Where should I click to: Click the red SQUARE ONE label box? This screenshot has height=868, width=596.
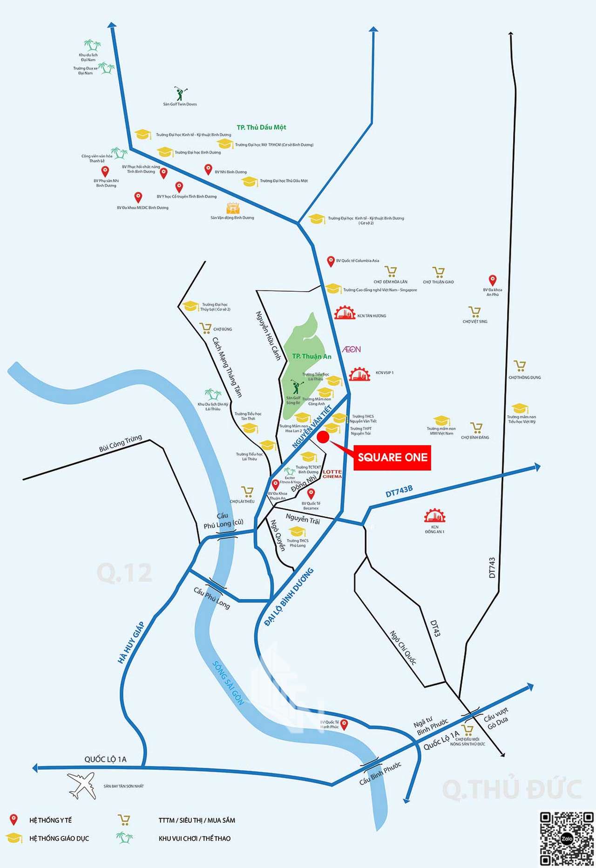392,458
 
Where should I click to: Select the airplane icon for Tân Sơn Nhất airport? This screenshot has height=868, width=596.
82,785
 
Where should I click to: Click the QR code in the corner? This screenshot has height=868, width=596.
567,839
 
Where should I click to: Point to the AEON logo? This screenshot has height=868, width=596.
352,349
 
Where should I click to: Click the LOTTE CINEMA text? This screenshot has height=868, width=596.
332,474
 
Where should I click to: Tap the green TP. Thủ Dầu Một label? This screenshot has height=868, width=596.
261,127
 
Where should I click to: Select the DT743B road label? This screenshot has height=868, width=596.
399,491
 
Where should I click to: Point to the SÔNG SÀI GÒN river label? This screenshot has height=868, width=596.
228,683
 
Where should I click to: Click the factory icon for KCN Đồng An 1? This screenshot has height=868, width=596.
434,516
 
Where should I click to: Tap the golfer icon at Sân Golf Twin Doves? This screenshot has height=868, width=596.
180,93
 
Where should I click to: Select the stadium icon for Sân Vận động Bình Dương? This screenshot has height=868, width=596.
233,208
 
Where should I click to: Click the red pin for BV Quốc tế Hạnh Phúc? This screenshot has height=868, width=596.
344,724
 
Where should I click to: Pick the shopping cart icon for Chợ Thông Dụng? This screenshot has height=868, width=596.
520,366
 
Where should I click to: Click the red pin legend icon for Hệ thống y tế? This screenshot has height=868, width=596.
14,820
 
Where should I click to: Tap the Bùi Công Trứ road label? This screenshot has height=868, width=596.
120,443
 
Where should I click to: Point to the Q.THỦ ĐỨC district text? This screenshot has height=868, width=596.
512,789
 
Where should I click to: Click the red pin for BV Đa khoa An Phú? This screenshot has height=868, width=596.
493,280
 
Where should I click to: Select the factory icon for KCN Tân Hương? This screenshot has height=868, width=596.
345,313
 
